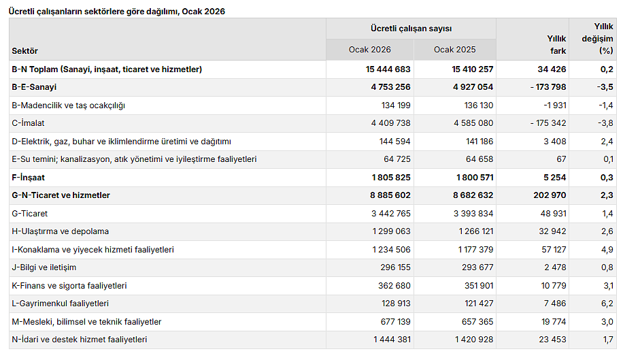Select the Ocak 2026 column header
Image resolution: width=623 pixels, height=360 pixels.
click(x=370, y=50)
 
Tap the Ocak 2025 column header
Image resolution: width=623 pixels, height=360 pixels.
click(x=454, y=50)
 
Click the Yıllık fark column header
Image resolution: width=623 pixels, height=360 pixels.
click(x=556, y=45)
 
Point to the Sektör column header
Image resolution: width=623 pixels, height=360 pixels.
click(x=25, y=51)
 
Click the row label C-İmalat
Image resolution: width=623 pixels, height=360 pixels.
click(x=31, y=123)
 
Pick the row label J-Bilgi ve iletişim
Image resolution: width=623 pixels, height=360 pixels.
click(x=44, y=267)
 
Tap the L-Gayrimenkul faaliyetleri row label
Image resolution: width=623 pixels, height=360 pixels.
click(x=61, y=304)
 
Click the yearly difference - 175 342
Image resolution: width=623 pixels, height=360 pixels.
click(x=541, y=123)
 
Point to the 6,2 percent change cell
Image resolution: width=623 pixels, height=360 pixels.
click(x=607, y=304)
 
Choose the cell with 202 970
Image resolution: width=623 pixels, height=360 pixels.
click(x=548, y=195)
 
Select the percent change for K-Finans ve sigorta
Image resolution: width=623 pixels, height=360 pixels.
click(x=607, y=286)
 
